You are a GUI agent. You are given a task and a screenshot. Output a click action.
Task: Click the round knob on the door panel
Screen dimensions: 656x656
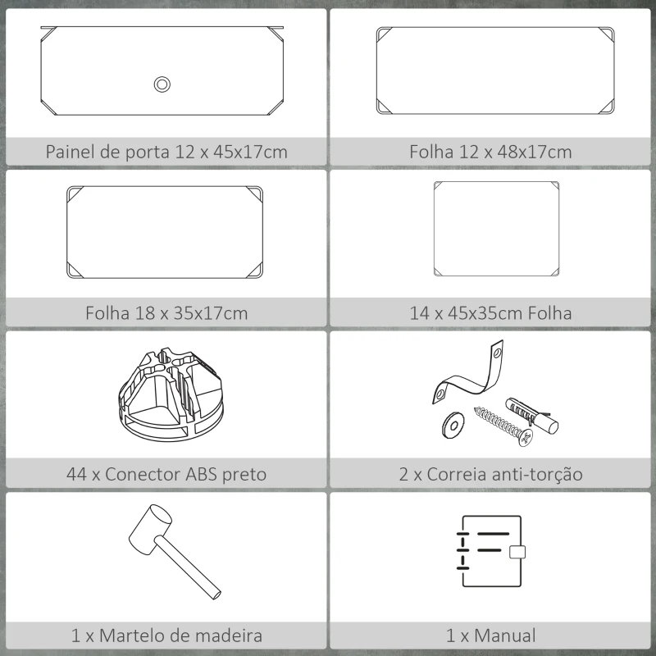coord(162,84)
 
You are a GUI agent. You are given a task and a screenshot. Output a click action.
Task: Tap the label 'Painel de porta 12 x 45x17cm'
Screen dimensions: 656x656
coord(166,152)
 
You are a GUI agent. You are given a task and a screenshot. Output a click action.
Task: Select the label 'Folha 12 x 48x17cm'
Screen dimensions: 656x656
coord(490,152)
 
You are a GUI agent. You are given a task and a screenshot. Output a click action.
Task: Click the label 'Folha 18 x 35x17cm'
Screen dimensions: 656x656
coord(166,313)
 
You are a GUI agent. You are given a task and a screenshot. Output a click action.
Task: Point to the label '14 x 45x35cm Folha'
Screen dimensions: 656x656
coord(490,313)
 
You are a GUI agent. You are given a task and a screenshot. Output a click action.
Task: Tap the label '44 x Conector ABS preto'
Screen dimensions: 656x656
coord(166,474)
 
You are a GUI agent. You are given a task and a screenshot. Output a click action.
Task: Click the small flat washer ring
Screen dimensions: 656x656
coord(452,423)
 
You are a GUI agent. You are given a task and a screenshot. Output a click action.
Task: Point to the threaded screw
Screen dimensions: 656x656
coord(502,426)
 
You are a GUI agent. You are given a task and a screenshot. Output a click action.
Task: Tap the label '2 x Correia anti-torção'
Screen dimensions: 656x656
coord(490,474)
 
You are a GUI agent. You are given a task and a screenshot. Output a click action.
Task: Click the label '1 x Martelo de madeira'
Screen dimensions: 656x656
coord(166,635)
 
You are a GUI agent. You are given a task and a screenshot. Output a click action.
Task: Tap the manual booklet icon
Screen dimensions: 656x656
coord(490,551)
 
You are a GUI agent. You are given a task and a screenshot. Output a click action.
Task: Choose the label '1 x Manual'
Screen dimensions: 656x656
coord(490,635)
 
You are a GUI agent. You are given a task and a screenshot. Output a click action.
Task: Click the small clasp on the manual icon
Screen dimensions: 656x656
coord(517,552)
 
